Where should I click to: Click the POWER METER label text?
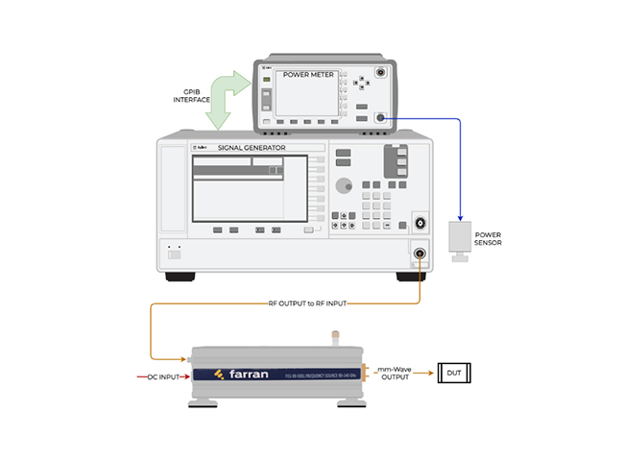306,75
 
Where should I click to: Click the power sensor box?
460,236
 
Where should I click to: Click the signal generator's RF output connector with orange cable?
420,255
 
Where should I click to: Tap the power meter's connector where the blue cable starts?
381,118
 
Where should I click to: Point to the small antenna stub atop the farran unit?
336,338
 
